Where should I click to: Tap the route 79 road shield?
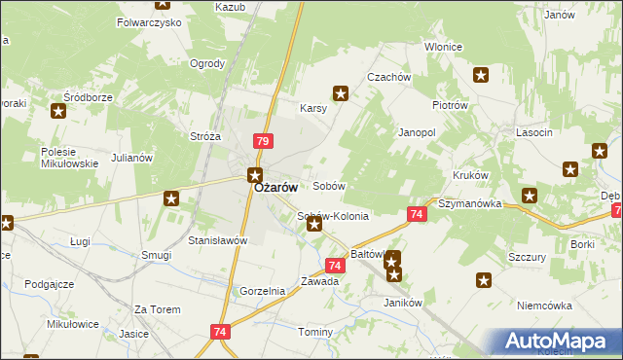pyautogui.click(x=262, y=141)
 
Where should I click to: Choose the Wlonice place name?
pyautogui.click(x=443, y=47)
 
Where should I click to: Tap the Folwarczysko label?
pyautogui.click(x=149, y=20)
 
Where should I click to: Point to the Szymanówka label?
pyautogui.click(x=469, y=204)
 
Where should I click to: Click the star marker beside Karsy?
pyautogui.click(x=341, y=93)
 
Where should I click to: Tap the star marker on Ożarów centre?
pyautogui.click(x=254, y=176)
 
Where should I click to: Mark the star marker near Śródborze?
pyautogui.click(x=58, y=111)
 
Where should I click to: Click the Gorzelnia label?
pyautogui.click(x=262, y=291)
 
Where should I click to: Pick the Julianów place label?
pyautogui.click(x=132, y=158)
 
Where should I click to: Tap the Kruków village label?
pyautogui.click(x=470, y=175)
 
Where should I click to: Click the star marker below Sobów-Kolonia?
pyautogui.click(x=313, y=225)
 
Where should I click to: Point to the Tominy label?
pyautogui.click(x=316, y=332)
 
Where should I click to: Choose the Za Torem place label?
pyautogui.click(x=158, y=309)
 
